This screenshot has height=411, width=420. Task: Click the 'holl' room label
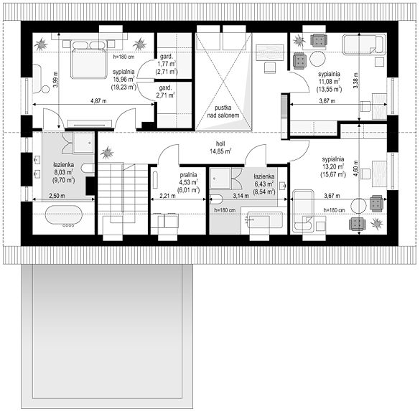(x=220, y=143)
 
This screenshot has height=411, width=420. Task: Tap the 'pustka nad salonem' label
(x=223, y=112)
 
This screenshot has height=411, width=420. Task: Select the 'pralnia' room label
(x=188, y=175)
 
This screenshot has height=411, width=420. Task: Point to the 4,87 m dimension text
(x=98, y=101)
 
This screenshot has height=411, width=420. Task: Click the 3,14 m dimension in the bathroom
(x=241, y=196)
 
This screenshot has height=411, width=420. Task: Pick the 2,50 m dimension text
(x=57, y=196)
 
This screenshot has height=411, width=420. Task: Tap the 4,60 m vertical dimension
(x=355, y=168)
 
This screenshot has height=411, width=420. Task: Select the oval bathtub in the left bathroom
(x=63, y=215)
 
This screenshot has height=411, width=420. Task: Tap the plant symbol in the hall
(x=107, y=153)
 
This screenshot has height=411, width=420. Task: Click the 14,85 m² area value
(x=220, y=151)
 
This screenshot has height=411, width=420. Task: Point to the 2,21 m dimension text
(x=168, y=196)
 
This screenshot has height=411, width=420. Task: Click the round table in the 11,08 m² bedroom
(x=317, y=59)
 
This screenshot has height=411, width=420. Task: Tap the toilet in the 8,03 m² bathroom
(x=88, y=169)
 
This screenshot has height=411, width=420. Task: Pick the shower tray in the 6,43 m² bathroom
(x=220, y=178)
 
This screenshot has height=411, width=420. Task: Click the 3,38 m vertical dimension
(x=355, y=80)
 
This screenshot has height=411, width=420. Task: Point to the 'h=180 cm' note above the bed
(x=123, y=57)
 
